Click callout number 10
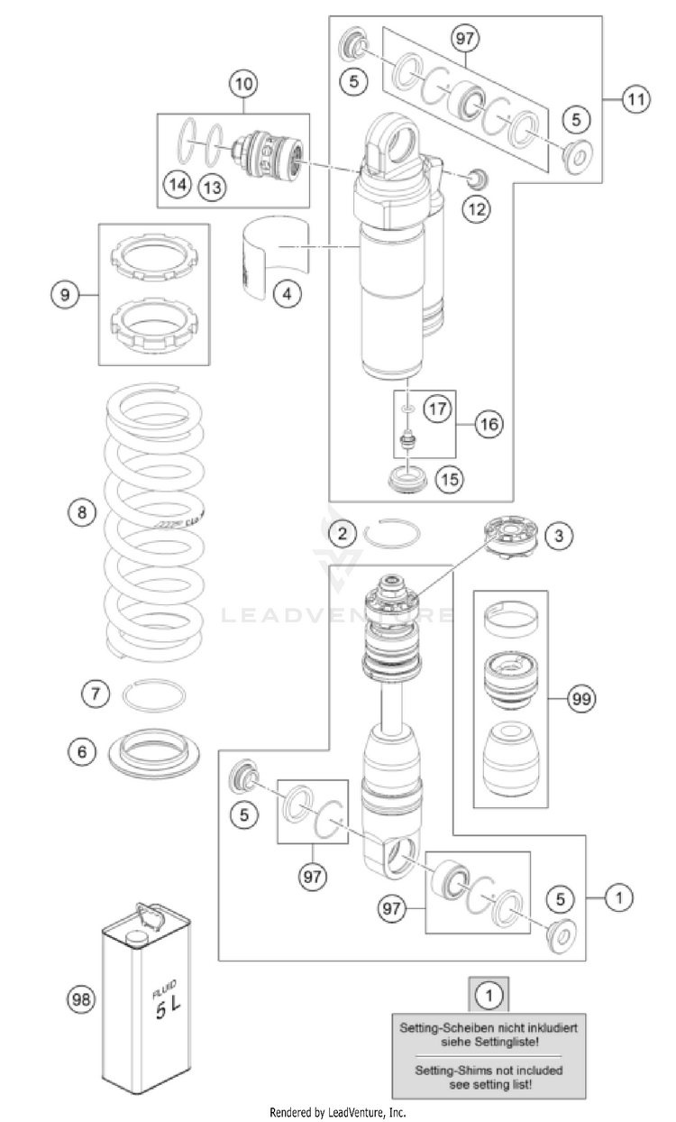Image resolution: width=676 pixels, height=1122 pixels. tap(244, 86)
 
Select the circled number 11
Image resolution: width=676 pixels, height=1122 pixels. tap(636, 100)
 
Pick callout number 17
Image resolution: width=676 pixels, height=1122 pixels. tap(437, 409)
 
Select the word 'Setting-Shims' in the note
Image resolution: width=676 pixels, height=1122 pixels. tap(443, 1071)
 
